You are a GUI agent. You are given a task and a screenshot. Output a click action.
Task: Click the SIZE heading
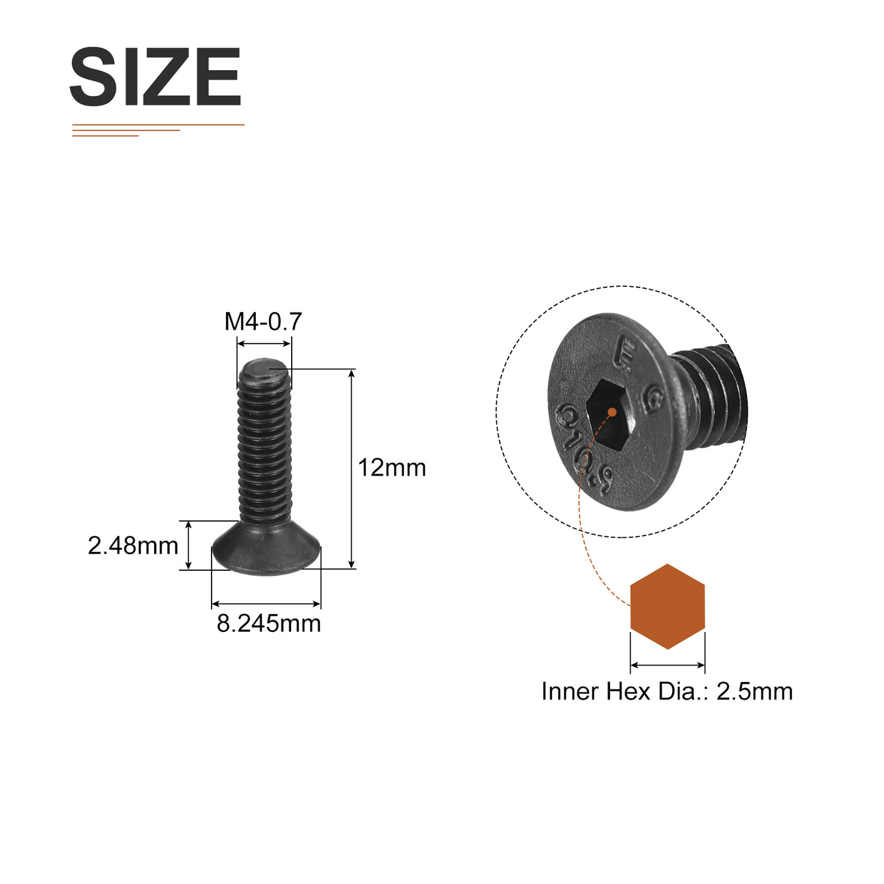pos(155,76)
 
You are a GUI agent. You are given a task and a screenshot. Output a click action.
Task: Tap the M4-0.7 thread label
pos(263,321)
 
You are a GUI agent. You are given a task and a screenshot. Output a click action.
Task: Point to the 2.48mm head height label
pos(133,546)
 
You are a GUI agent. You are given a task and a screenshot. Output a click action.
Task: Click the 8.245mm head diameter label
pos(269,623)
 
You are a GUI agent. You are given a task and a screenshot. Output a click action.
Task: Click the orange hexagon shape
pos(667,606)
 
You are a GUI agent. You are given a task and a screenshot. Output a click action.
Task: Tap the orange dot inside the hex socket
pos(612,412)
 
